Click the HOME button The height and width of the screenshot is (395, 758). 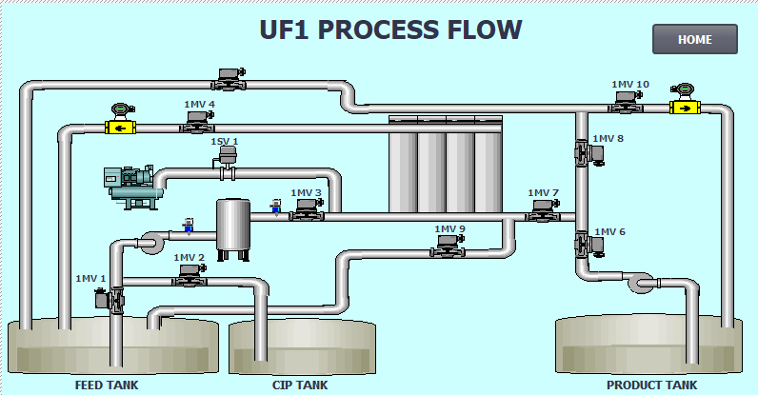695,39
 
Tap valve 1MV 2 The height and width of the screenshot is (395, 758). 189,274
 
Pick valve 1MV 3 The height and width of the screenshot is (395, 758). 306,210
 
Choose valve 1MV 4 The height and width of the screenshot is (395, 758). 198,121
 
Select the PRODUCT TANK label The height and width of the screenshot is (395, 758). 652,385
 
